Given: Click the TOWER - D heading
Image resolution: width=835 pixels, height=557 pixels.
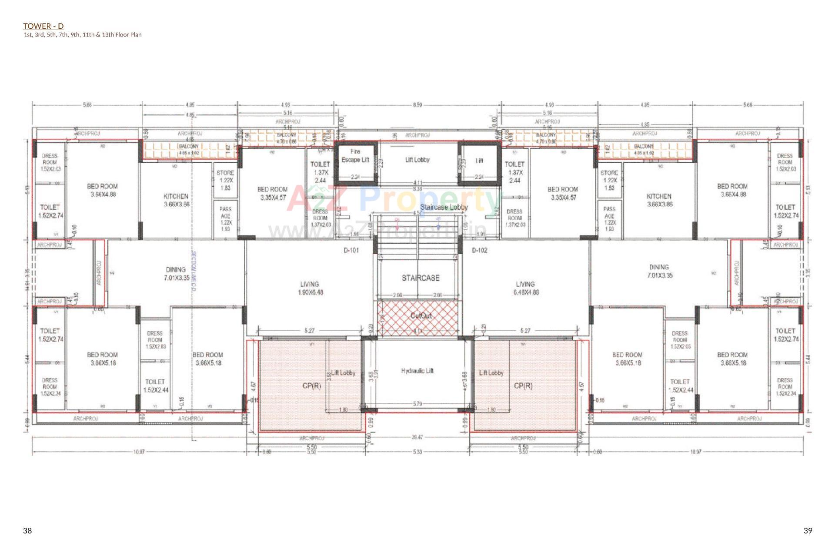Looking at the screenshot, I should (43, 26).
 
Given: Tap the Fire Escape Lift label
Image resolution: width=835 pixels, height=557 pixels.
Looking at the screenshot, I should (355, 156).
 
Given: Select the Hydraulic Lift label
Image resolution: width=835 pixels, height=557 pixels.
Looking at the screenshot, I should (417, 371).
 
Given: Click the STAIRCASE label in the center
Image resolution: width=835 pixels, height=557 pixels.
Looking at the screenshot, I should (420, 278).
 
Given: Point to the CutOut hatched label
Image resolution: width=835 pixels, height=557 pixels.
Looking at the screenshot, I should (421, 315).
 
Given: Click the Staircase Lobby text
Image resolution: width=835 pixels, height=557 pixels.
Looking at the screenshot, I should (444, 207).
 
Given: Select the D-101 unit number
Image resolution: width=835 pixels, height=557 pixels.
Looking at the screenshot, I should (351, 250).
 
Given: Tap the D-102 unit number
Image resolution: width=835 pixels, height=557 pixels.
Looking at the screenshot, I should (479, 250).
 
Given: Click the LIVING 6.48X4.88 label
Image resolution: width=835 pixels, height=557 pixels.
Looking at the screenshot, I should (525, 288).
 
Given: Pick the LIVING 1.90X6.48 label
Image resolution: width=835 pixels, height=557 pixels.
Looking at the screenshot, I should (310, 288).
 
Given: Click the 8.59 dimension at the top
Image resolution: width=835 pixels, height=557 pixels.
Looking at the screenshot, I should (417, 105).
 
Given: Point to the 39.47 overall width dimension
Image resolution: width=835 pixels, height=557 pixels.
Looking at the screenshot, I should (417, 437).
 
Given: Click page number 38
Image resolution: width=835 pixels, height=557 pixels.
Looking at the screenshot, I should (27, 530).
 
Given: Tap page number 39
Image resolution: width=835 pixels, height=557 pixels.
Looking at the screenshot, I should (808, 530).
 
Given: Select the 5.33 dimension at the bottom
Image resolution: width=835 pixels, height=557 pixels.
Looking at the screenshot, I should (417, 452).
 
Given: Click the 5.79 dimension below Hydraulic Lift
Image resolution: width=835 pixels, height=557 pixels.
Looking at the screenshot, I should (417, 404).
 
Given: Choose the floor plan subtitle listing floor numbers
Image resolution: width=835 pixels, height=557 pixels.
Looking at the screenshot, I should (83, 35).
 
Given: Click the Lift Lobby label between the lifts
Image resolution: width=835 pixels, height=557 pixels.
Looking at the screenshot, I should (417, 160).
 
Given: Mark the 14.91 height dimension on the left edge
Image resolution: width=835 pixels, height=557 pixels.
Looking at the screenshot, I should (27, 285).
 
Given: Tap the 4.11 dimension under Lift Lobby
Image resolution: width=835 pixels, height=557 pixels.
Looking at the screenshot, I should (417, 183).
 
